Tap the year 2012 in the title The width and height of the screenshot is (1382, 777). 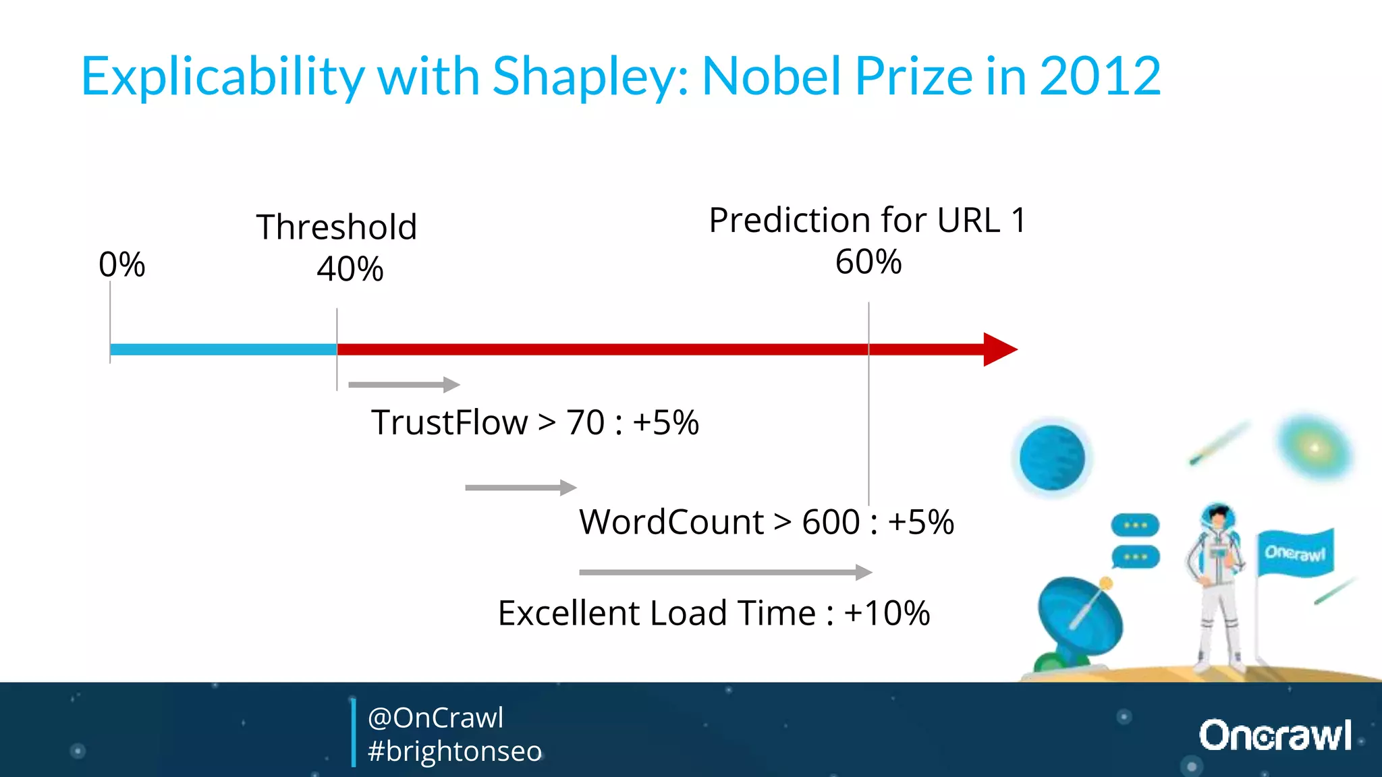(1100, 76)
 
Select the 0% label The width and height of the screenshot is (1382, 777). (121, 264)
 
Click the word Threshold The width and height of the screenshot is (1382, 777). (336, 227)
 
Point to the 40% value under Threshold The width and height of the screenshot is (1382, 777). (350, 269)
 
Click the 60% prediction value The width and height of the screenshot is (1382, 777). (868, 262)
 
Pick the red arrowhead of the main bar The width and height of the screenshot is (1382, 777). (999, 349)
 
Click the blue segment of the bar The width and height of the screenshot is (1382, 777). (223, 349)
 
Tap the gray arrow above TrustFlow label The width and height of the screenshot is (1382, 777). (404, 384)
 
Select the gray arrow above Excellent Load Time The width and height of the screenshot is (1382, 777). (725, 572)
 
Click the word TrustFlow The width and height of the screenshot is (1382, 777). (449, 423)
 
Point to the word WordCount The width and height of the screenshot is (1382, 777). (671, 522)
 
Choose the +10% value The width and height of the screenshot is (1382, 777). (887, 613)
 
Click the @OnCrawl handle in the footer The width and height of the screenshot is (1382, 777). (435, 718)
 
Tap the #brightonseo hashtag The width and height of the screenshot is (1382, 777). (455, 751)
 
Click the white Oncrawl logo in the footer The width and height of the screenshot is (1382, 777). (1275, 735)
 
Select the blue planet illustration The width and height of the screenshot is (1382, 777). (1052, 457)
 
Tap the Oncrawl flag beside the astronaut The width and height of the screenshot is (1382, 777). (1295, 553)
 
